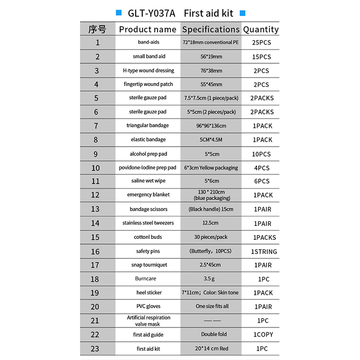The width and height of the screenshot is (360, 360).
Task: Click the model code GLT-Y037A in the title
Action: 151,13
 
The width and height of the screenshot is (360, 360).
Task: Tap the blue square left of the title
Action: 119,13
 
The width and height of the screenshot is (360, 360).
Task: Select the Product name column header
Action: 148,30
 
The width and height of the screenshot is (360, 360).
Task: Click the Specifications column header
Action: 211,30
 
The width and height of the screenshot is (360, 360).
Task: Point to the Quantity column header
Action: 261,30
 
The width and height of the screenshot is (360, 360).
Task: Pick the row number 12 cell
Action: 95,195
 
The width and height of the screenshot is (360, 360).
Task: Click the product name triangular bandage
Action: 148,126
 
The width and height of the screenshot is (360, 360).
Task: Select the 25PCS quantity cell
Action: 261,43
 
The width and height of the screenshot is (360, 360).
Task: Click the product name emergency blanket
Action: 148,195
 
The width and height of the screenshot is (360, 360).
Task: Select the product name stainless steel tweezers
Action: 148,223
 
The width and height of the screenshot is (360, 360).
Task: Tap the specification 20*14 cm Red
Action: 211,349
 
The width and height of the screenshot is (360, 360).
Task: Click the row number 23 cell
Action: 95,349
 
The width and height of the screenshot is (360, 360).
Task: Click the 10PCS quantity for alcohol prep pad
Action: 261,154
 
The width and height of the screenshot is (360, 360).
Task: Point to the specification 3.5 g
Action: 211,279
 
